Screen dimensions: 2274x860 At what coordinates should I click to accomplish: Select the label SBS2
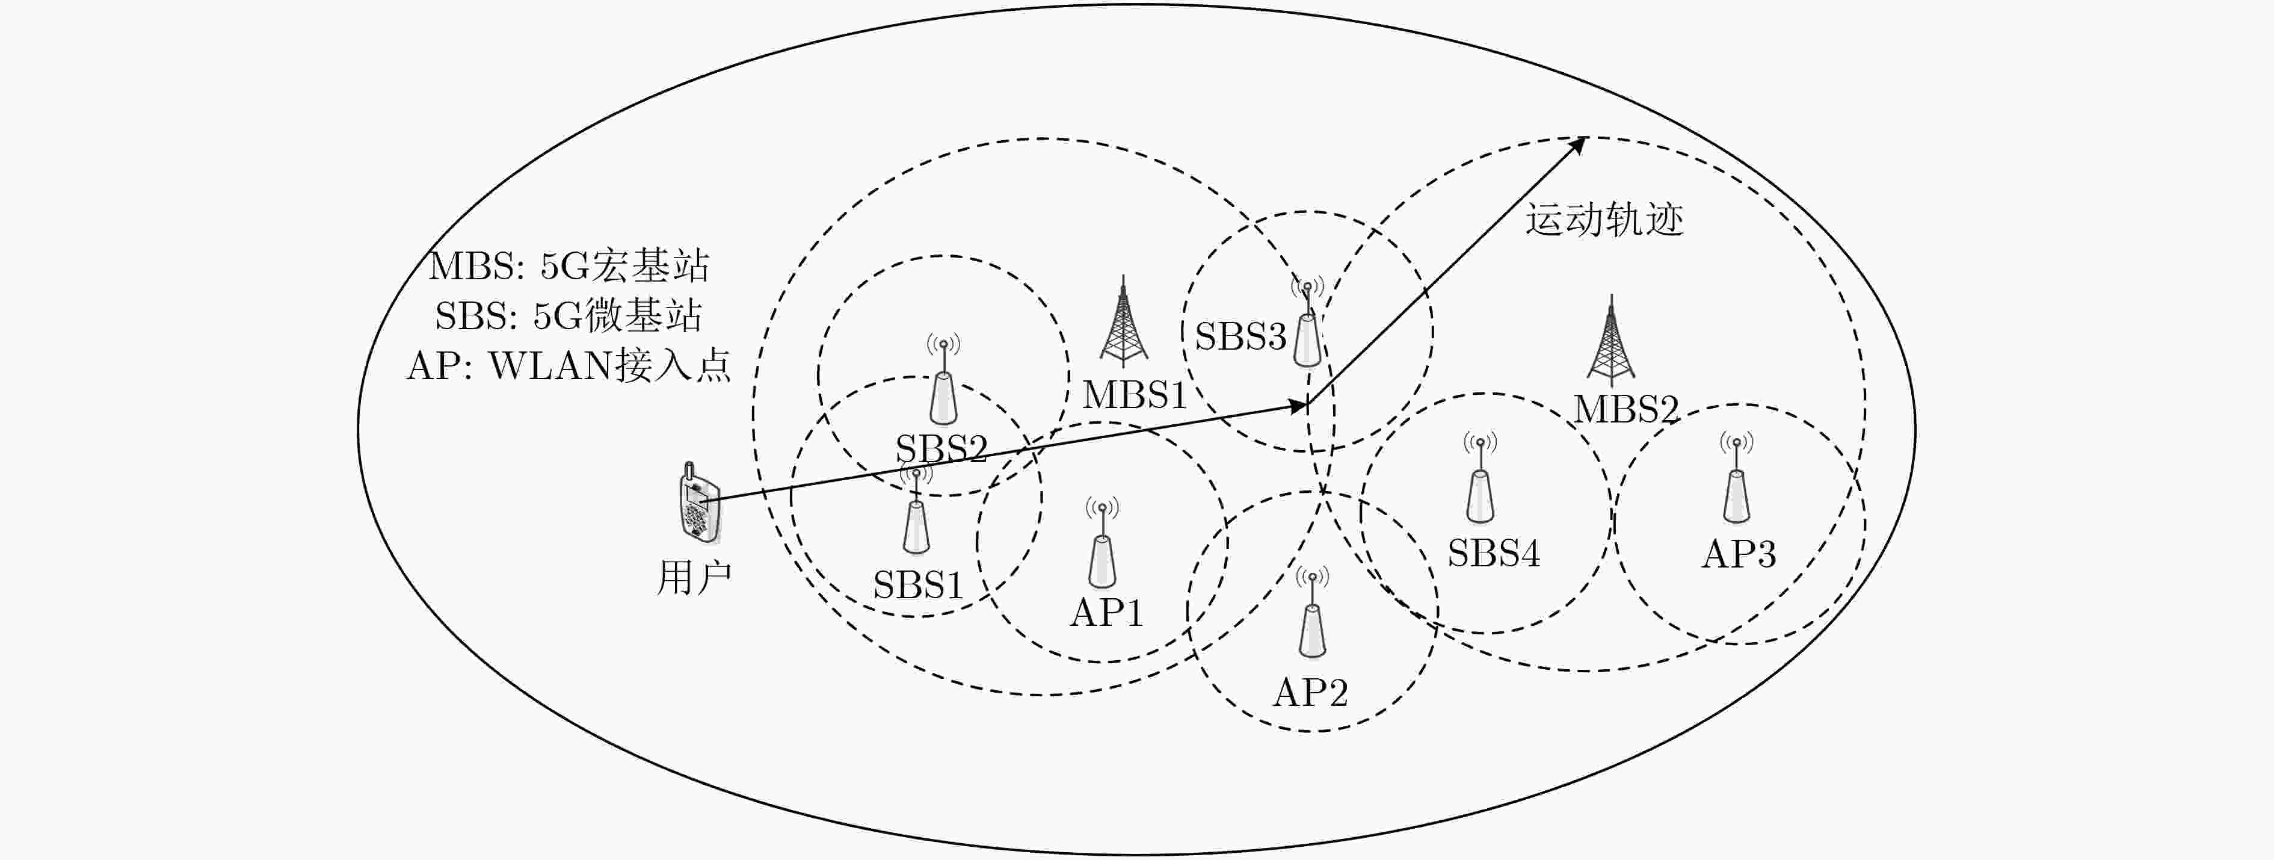tap(941, 448)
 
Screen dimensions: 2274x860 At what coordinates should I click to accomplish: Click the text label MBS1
tap(1135, 395)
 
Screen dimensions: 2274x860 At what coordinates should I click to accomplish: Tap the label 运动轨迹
tap(1604, 220)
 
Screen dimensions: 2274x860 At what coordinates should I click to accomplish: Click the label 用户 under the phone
tap(694, 578)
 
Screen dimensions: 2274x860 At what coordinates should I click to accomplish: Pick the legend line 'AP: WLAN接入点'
tap(568, 365)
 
